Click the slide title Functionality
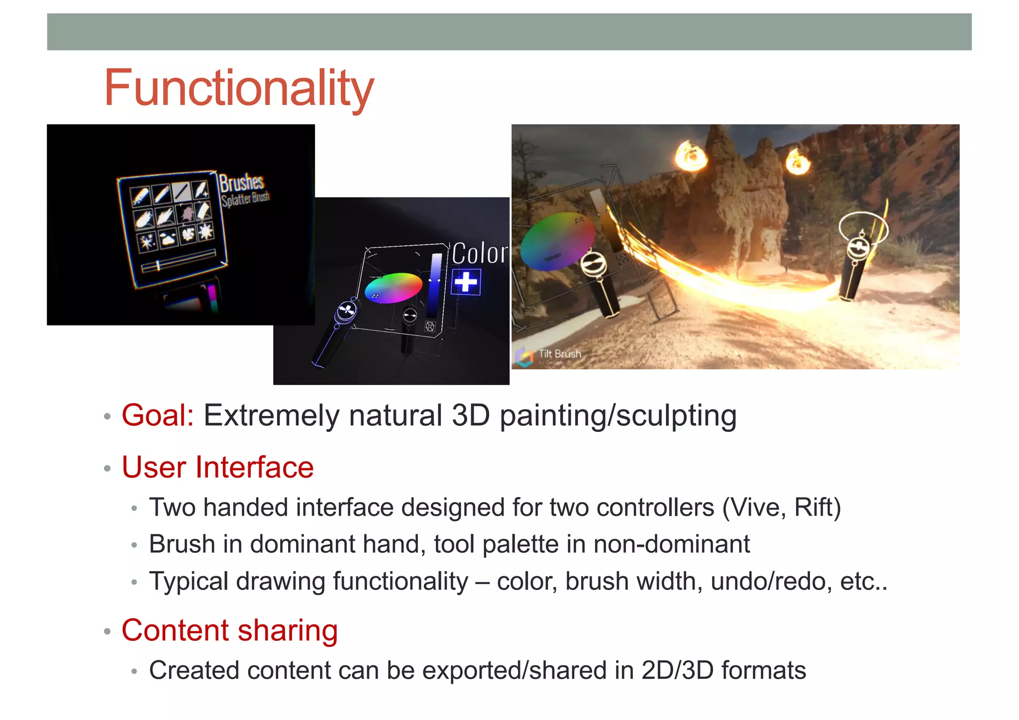pyautogui.click(x=238, y=89)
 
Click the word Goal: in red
pyautogui.click(x=158, y=415)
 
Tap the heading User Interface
pyautogui.click(x=217, y=468)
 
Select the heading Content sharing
pyautogui.click(x=229, y=630)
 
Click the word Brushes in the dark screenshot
pyautogui.click(x=241, y=183)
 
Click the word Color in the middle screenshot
pyautogui.click(x=479, y=253)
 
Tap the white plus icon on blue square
pyautogui.click(x=466, y=282)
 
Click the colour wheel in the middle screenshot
pyautogui.click(x=393, y=288)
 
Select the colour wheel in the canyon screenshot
pyautogui.click(x=557, y=241)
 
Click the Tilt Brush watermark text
pyautogui.click(x=559, y=354)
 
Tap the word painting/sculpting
pyautogui.click(x=618, y=416)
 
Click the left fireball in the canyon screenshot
pyautogui.click(x=691, y=155)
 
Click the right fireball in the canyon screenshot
pyautogui.click(x=798, y=161)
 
